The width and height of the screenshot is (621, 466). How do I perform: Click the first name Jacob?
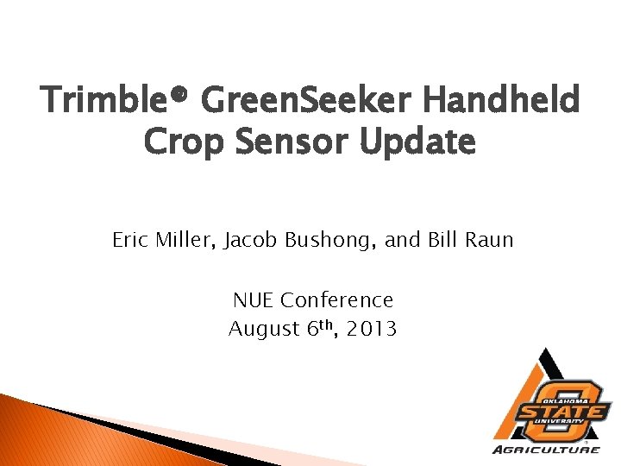[249, 240]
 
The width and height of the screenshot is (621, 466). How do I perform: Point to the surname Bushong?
[324, 241]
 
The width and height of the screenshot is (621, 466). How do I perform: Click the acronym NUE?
[253, 300]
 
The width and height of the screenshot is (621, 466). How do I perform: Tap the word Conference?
[337, 300]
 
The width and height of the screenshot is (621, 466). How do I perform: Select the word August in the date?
[260, 329]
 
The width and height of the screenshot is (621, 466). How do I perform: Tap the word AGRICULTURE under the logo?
[547, 450]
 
